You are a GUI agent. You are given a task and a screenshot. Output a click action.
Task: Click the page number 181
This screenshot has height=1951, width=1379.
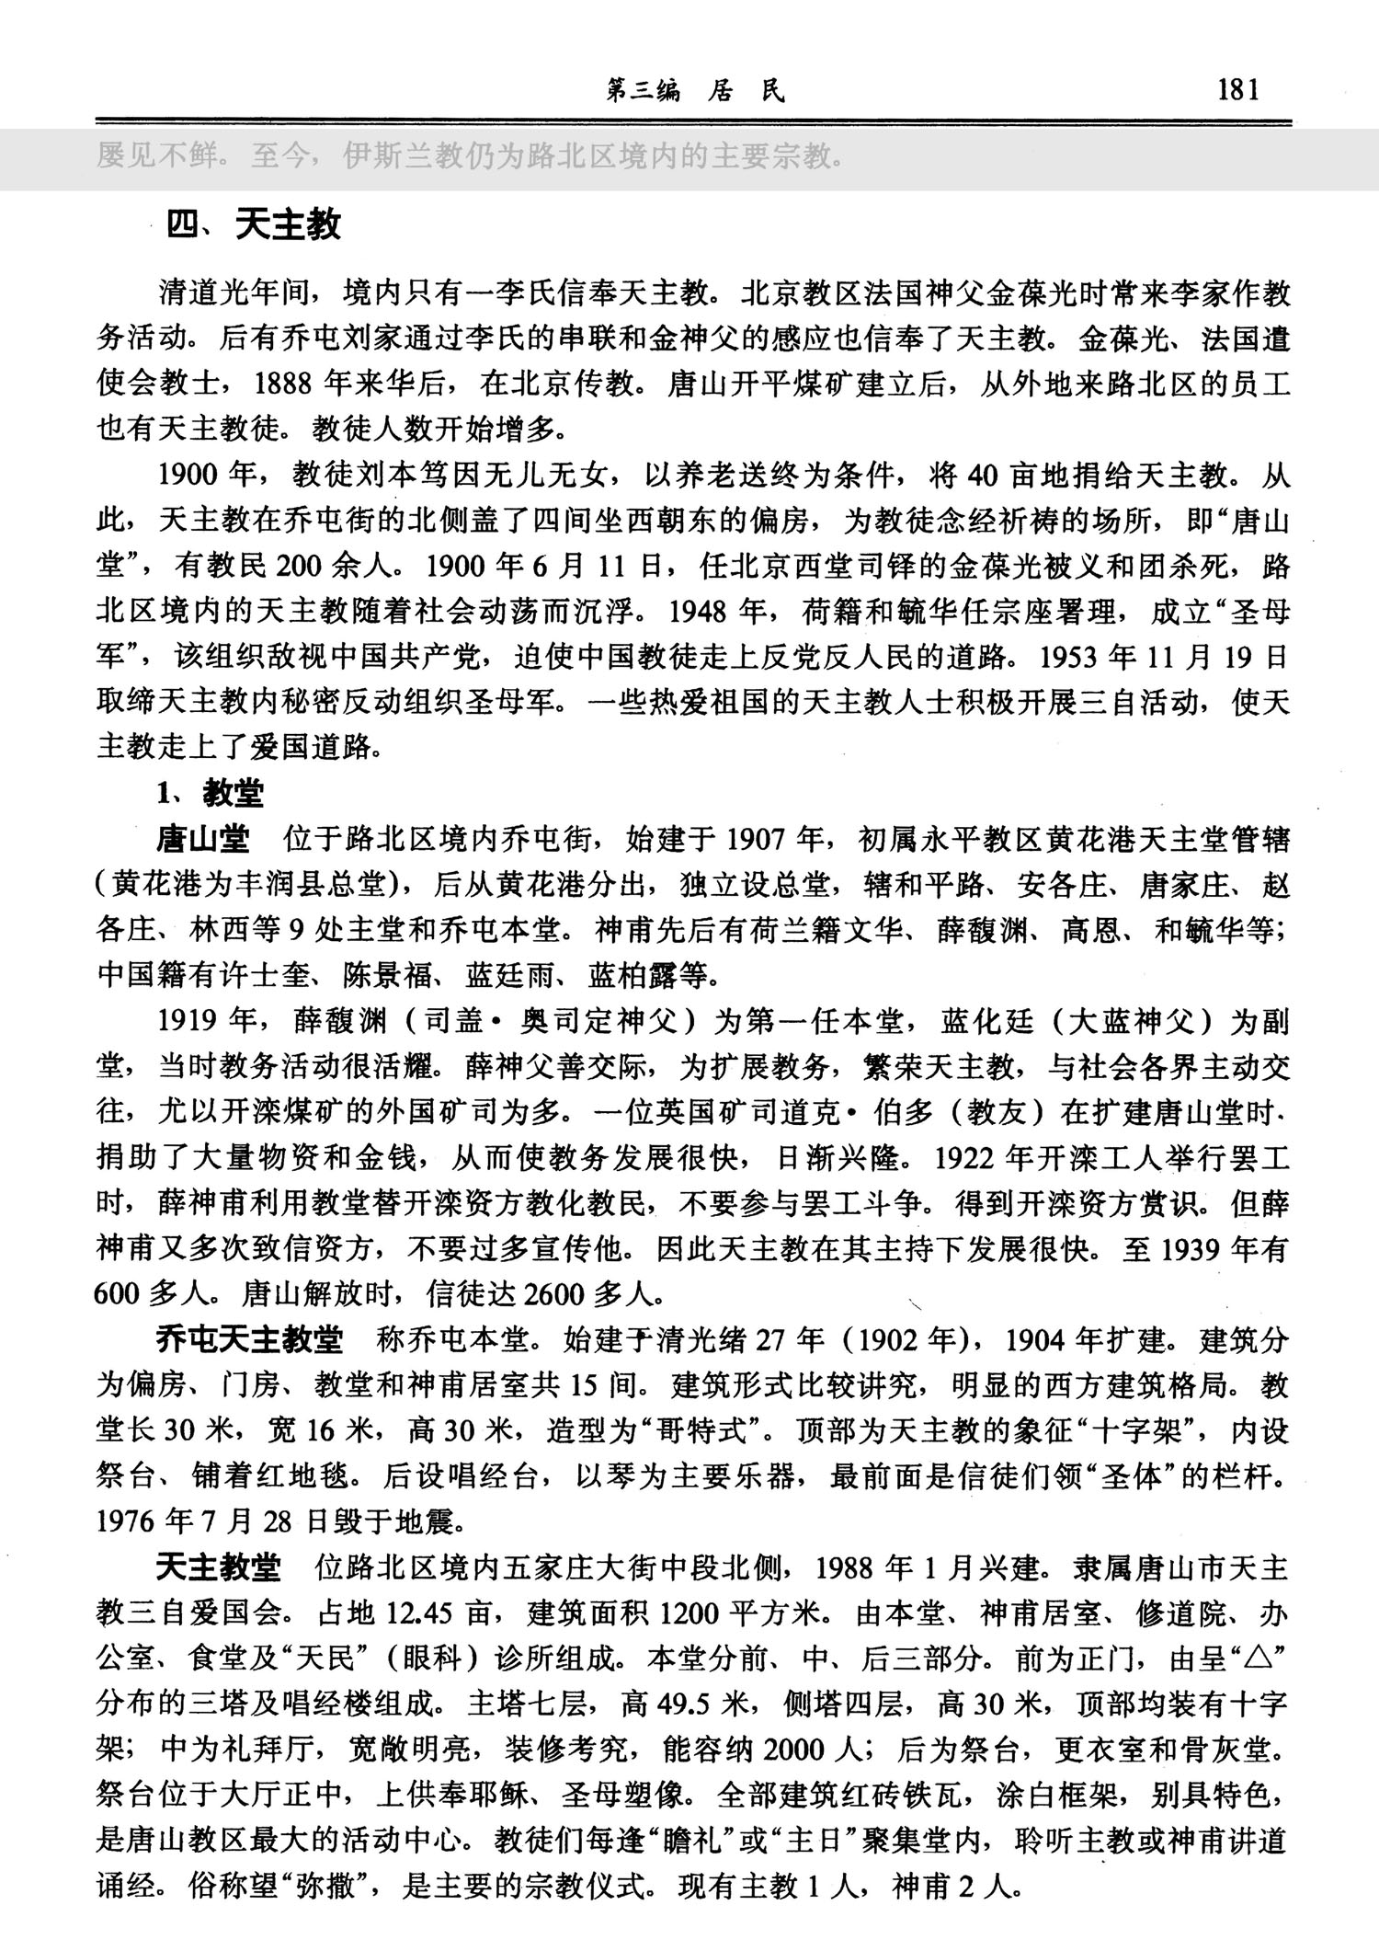1237,90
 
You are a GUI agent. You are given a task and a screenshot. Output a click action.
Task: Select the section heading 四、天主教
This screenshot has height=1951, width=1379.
253,224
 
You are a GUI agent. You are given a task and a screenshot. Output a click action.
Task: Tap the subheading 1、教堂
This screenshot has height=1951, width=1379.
210,793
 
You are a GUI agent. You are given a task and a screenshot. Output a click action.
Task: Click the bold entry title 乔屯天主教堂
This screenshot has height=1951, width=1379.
249,1339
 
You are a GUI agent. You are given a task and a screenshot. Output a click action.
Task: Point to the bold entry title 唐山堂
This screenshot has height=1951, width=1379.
203,839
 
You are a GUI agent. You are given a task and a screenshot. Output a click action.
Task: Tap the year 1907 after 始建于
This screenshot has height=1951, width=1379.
759,839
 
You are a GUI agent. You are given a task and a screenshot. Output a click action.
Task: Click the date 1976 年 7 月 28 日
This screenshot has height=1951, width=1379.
211,1522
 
